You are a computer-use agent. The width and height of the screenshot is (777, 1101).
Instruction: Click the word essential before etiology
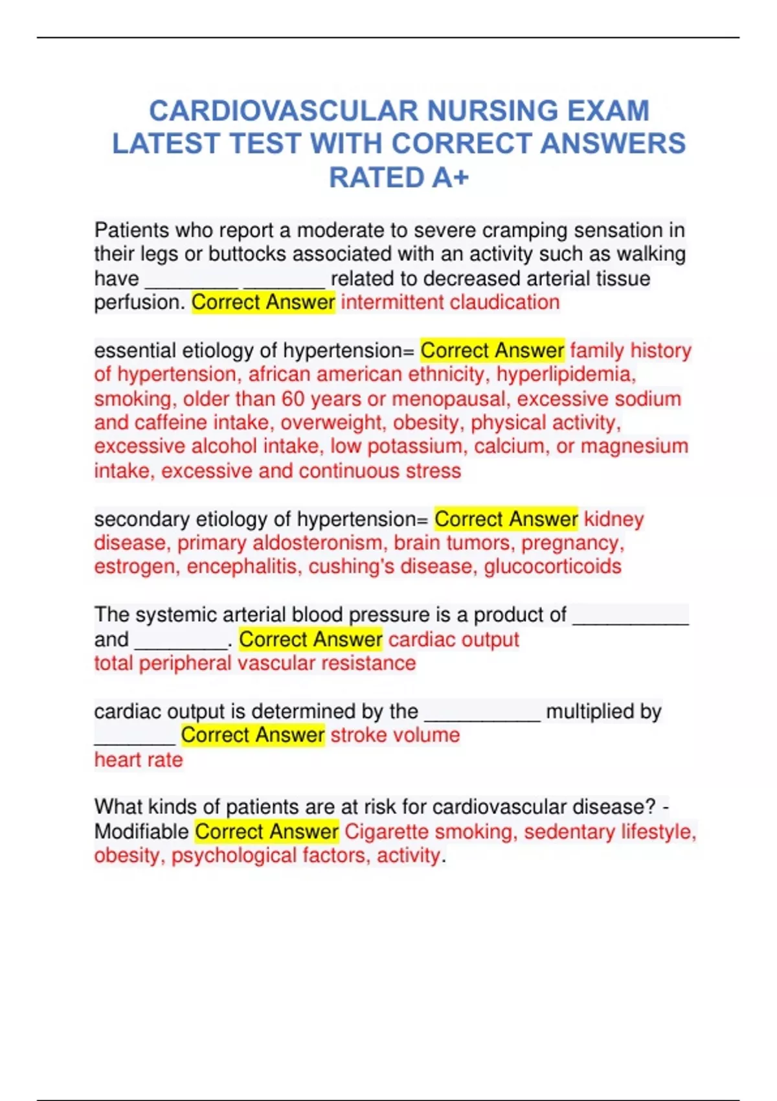click(135, 350)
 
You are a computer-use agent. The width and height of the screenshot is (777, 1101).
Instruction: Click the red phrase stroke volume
click(395, 735)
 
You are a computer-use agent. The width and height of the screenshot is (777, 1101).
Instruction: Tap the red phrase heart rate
click(139, 760)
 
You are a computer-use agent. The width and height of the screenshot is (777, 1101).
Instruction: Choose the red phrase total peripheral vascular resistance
click(255, 663)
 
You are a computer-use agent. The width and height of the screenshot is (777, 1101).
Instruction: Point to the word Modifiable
click(142, 832)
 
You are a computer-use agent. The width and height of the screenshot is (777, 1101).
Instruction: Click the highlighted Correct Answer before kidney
click(506, 519)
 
